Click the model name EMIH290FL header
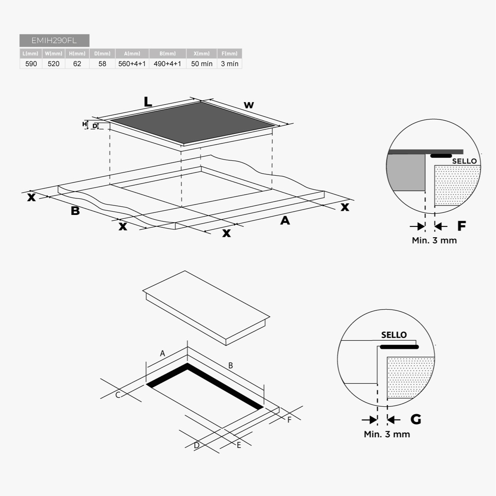54,41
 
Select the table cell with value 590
31,64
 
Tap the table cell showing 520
53,64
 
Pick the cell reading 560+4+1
132,64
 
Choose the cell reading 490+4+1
167,64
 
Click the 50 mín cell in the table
202,64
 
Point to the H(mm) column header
77,53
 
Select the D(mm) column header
102,53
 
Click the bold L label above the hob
148,102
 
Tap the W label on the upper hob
249,105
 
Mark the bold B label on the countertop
75,211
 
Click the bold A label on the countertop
285,221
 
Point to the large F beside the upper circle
461,226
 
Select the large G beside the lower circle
415,419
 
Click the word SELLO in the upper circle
464,161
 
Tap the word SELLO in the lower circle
394,335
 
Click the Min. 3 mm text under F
434,240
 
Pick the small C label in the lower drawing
118,395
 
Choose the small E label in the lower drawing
239,445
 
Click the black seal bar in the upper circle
441,156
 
